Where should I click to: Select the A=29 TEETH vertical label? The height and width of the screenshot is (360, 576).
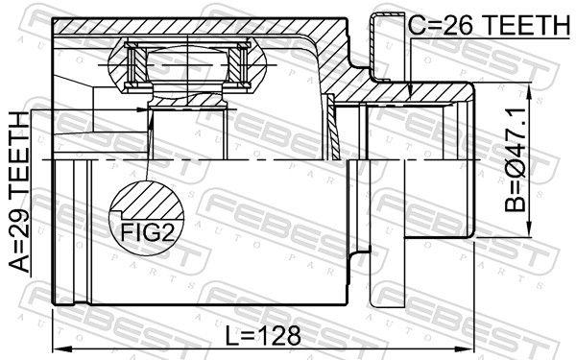coord(20,192)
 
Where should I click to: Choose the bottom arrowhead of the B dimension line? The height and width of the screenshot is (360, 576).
coord(530,230)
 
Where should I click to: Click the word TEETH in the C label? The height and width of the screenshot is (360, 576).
coord(523,26)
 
